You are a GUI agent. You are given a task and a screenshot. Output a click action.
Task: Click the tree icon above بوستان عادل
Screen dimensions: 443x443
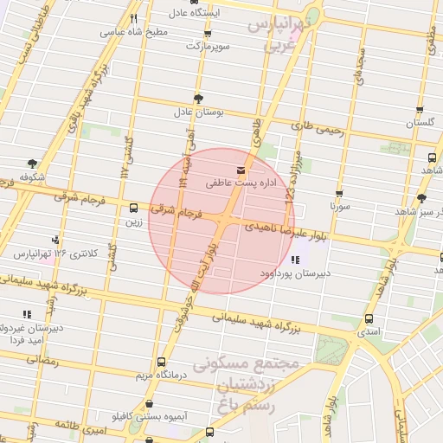199,98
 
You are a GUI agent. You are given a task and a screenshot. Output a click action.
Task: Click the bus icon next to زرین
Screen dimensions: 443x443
133,208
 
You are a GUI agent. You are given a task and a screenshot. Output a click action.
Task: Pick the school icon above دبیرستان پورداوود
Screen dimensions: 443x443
297,259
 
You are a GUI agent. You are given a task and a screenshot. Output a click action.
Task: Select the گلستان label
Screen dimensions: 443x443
420,124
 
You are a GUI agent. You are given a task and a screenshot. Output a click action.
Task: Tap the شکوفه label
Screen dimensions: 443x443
32,177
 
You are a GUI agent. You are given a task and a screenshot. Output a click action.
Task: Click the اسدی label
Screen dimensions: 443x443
369,332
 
